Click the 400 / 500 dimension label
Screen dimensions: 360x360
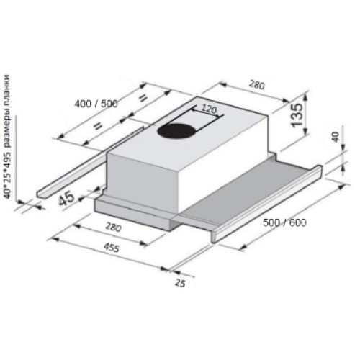(96, 104)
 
